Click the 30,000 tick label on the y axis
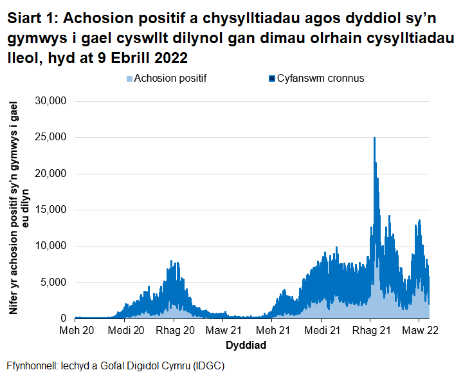click(51, 101)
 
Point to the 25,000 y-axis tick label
click(51, 137)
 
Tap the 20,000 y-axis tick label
click(51, 174)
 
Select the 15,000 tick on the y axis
click(51, 210)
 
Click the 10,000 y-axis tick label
click(51, 246)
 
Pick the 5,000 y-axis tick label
click(54, 282)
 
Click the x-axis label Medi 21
click(322, 331)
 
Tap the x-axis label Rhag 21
click(370, 331)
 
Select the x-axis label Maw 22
click(419, 331)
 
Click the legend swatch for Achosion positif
click(129, 79)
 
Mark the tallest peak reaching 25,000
click(374, 138)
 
